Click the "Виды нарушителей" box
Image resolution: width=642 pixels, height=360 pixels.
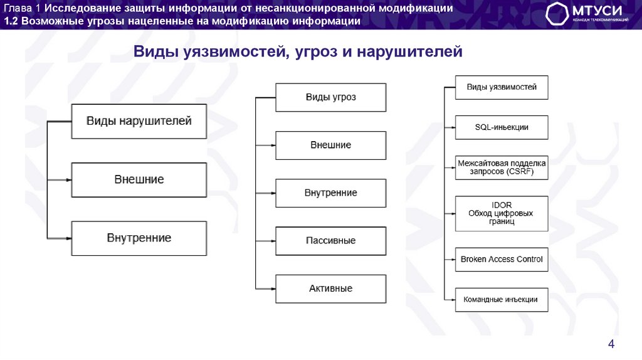(x=139, y=121)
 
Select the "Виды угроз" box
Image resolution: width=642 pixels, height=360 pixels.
(x=330, y=97)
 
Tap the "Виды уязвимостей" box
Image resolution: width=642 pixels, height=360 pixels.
(x=501, y=87)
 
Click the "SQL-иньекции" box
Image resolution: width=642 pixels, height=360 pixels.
(x=501, y=127)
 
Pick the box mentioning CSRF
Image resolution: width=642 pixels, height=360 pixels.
(x=501, y=166)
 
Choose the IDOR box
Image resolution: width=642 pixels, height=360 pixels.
(x=501, y=213)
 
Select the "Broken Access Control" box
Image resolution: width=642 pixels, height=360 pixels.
(x=501, y=259)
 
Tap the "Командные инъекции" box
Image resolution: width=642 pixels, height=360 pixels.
(x=501, y=299)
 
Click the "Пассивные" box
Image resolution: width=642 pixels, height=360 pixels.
(x=330, y=240)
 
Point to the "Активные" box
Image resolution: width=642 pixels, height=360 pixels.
(x=330, y=289)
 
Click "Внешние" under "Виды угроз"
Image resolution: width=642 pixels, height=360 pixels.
(x=330, y=145)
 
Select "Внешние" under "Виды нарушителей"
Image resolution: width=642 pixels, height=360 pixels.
(x=139, y=180)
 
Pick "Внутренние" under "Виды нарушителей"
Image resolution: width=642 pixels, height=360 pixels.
(x=139, y=238)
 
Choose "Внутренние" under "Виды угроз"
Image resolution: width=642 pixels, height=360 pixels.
(x=330, y=193)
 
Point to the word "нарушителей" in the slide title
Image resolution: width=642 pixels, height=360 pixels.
(x=410, y=51)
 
